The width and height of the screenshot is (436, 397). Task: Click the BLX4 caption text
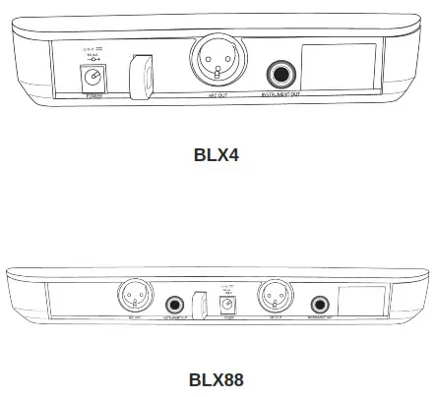click(217, 154)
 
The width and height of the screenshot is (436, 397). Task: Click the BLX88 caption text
click(217, 377)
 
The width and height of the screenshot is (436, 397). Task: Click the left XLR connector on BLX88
click(135, 296)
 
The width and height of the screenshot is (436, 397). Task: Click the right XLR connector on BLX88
click(273, 296)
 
